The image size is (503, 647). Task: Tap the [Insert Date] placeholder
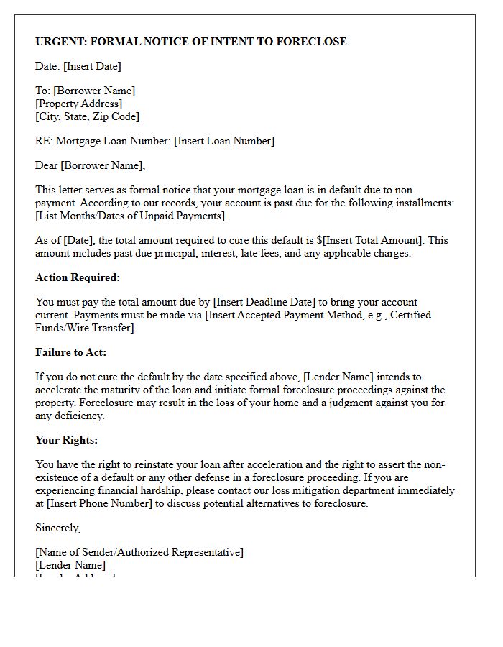click(92, 66)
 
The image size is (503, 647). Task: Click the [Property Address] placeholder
click(79, 104)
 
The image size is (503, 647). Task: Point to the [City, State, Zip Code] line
click(87, 116)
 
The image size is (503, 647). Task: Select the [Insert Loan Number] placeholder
click(224, 141)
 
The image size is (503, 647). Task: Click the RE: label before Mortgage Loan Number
click(44, 141)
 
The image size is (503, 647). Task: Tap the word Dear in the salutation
click(47, 165)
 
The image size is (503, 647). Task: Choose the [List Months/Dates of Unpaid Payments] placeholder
click(131, 216)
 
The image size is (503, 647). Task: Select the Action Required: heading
click(78, 277)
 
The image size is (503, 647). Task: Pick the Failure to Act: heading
click(70, 352)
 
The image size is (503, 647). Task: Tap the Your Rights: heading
click(66, 440)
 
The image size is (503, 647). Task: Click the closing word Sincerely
click(57, 528)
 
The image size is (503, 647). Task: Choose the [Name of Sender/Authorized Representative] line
click(139, 552)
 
